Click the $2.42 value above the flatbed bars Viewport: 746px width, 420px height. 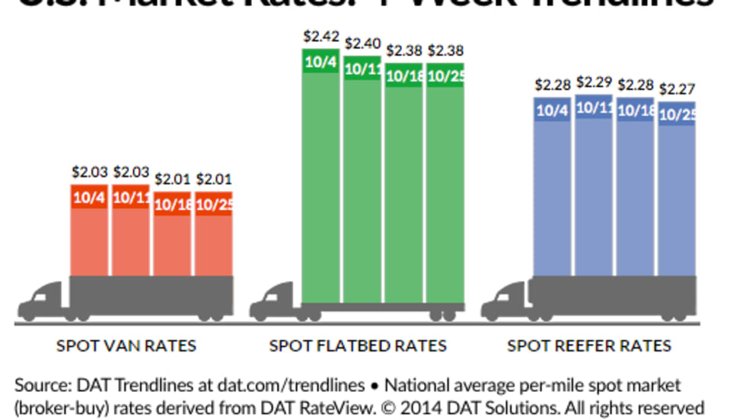[320, 36]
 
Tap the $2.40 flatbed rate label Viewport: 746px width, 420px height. [362, 43]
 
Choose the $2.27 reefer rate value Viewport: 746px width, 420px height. [676, 88]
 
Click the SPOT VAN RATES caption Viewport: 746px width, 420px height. [126, 346]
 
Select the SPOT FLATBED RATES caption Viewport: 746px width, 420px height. [358, 346]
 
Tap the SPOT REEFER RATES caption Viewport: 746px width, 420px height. [589, 346]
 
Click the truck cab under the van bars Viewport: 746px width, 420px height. [44, 301]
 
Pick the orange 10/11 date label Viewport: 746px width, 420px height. [131, 197]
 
